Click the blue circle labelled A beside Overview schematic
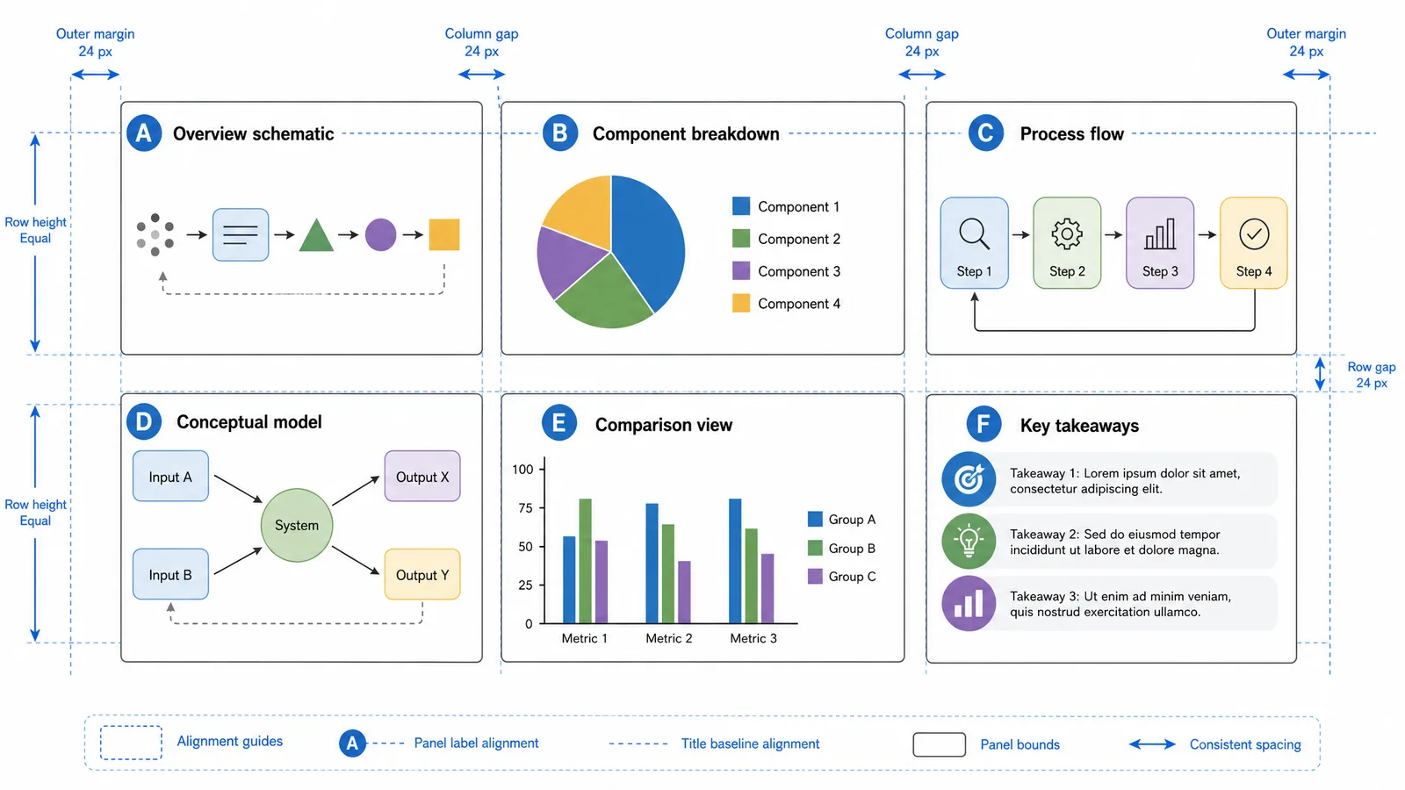coord(144,133)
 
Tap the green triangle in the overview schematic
coord(316,237)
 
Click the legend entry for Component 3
coord(787,271)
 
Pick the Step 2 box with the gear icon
coord(1067,242)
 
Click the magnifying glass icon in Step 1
coord(974,233)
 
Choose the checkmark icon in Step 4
coord(1254,233)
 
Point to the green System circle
coord(297,525)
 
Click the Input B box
coord(170,574)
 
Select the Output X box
coord(422,477)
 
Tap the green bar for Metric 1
coord(585,561)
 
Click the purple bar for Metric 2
coord(684,592)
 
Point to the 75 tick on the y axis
coord(526,508)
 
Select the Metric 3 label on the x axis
coord(753,638)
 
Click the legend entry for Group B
coord(842,548)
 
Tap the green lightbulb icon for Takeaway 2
coord(969,541)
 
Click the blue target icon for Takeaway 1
coord(969,479)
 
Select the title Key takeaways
coord(1079,426)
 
